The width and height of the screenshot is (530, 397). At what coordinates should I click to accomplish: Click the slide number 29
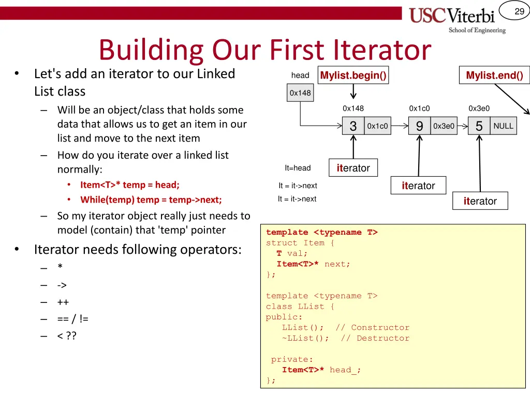coord(519,11)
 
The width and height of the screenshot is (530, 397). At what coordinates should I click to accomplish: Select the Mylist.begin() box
coord(353,75)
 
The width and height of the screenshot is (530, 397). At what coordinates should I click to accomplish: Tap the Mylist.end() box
coord(494,75)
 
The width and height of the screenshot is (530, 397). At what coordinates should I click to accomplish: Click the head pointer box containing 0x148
coord(300,93)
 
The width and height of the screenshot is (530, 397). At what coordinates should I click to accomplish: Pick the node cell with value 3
coord(354,126)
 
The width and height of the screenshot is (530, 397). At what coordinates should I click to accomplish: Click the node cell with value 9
coord(419,126)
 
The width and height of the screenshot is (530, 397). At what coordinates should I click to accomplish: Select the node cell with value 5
coord(479,126)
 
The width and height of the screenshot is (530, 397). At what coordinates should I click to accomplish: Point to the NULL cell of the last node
coord(503,126)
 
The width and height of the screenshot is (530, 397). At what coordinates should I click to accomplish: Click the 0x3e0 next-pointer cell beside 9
coord(444,126)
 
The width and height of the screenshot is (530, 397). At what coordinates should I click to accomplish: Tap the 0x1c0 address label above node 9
coord(419,109)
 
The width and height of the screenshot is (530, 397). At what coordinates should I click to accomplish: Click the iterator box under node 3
coord(353,168)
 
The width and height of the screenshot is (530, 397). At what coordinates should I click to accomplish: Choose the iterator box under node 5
coord(480,201)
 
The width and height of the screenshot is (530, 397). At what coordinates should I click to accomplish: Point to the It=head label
coord(298,168)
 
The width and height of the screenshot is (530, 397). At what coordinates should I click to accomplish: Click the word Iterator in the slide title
coord(382,50)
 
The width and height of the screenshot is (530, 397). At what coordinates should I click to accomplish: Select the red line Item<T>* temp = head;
coord(129,185)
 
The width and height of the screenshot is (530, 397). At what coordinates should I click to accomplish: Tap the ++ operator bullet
coord(63,302)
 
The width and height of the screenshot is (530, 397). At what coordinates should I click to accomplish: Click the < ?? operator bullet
coord(67,337)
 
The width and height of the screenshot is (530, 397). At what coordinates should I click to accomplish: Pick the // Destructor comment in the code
coord(375,338)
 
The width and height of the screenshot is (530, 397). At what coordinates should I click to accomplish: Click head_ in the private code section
coord(345,370)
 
